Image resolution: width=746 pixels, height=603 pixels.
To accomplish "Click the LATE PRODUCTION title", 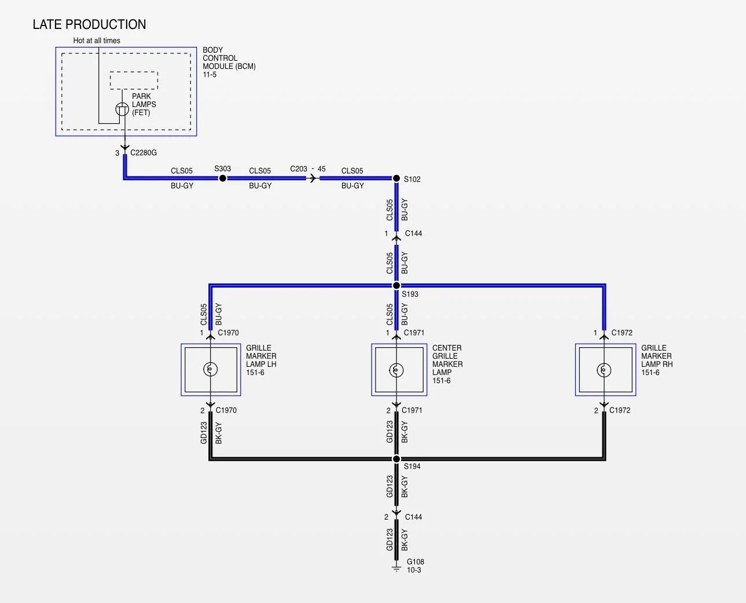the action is click(89, 24).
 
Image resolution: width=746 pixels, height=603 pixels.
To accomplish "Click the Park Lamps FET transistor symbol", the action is click(122, 109).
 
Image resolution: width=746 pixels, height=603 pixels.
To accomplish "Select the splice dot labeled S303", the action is click(222, 178).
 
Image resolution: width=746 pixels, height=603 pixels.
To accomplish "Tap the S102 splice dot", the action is click(396, 178).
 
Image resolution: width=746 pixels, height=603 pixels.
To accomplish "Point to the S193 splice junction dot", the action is click(396, 285).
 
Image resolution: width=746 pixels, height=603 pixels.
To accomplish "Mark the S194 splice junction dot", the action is click(396, 459).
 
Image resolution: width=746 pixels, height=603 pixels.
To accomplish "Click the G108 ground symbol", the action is click(396, 569).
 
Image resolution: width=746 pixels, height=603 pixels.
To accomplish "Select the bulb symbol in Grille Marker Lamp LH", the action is click(211, 369).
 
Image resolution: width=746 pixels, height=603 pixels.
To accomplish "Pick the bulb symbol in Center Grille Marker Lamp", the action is click(396, 370).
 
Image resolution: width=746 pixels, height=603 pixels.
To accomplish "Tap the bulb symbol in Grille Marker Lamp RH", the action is click(604, 370).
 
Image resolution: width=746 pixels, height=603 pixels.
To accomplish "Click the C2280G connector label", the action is click(144, 153).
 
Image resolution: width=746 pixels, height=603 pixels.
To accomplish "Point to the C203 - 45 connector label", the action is click(308, 169).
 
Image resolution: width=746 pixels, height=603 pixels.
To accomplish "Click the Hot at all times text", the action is click(97, 41).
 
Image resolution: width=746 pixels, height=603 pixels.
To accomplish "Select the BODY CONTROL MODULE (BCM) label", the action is click(229, 62).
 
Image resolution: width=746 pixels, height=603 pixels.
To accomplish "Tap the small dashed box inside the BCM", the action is click(134, 80).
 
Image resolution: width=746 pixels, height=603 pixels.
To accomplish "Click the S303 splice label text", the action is click(222, 168).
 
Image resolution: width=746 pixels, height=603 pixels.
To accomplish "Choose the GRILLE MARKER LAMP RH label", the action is click(657, 360).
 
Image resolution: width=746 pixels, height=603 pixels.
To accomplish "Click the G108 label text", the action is click(416, 561).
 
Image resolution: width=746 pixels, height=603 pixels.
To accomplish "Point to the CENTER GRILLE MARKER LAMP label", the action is click(447, 364).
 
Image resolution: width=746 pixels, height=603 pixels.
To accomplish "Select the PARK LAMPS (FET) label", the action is click(144, 104).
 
